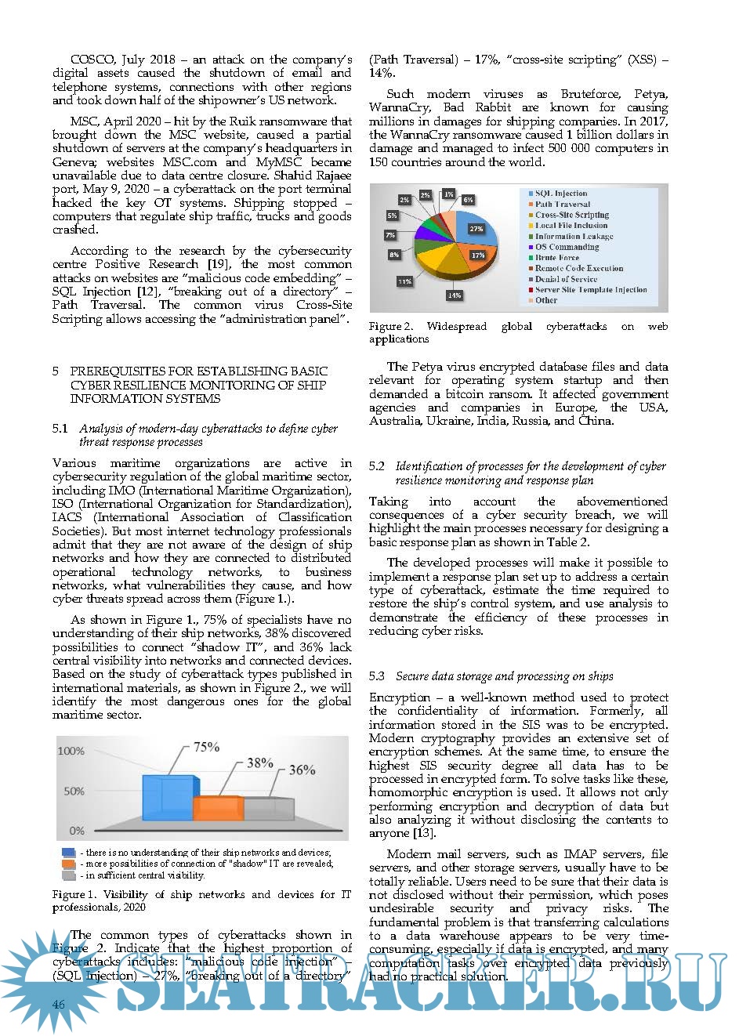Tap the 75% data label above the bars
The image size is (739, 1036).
206,747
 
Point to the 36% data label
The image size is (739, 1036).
302,770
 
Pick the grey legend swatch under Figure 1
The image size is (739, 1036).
68,875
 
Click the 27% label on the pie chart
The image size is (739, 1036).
476,229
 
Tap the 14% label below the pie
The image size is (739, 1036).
454,295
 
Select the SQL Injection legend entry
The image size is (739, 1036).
560,193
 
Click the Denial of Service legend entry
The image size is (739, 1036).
566,279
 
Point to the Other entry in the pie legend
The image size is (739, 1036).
545,300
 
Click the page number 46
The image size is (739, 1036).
59,1005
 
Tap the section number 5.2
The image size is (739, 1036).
377,466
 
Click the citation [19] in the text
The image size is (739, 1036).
216,264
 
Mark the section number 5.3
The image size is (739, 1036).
377,676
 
